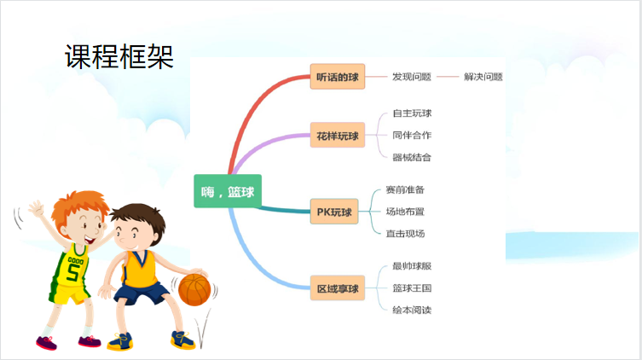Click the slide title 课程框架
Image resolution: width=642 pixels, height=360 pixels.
click(119, 56)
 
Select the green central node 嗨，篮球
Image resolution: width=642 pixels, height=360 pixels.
click(228, 191)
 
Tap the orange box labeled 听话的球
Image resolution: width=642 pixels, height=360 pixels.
click(338, 77)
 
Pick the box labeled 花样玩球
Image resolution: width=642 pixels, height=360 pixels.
click(338, 135)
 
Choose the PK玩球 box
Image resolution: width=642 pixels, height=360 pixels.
click(334, 212)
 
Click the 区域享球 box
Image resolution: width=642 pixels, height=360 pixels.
click(338, 288)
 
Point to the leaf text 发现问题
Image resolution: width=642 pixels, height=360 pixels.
click(412, 77)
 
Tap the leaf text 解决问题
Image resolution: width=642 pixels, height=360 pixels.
click(483, 77)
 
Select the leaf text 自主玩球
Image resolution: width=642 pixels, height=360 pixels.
click(412, 113)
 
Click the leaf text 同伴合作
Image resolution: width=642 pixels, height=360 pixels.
click(412, 135)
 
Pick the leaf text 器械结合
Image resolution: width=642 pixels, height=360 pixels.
click(412, 157)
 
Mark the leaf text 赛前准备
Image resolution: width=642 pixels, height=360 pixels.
click(405, 189)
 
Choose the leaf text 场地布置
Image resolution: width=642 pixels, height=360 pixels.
click(405, 212)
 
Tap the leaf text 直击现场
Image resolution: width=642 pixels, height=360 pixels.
click(405, 234)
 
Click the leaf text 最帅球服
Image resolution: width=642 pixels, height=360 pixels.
click(412, 266)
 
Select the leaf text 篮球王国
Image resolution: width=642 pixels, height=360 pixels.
click(412, 288)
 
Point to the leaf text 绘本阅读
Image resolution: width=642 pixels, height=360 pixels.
click(412, 310)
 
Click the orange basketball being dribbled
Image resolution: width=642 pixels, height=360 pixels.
click(194, 289)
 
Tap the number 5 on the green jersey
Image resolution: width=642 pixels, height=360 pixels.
click(73, 272)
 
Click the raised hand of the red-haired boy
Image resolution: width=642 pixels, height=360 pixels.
click(36, 208)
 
